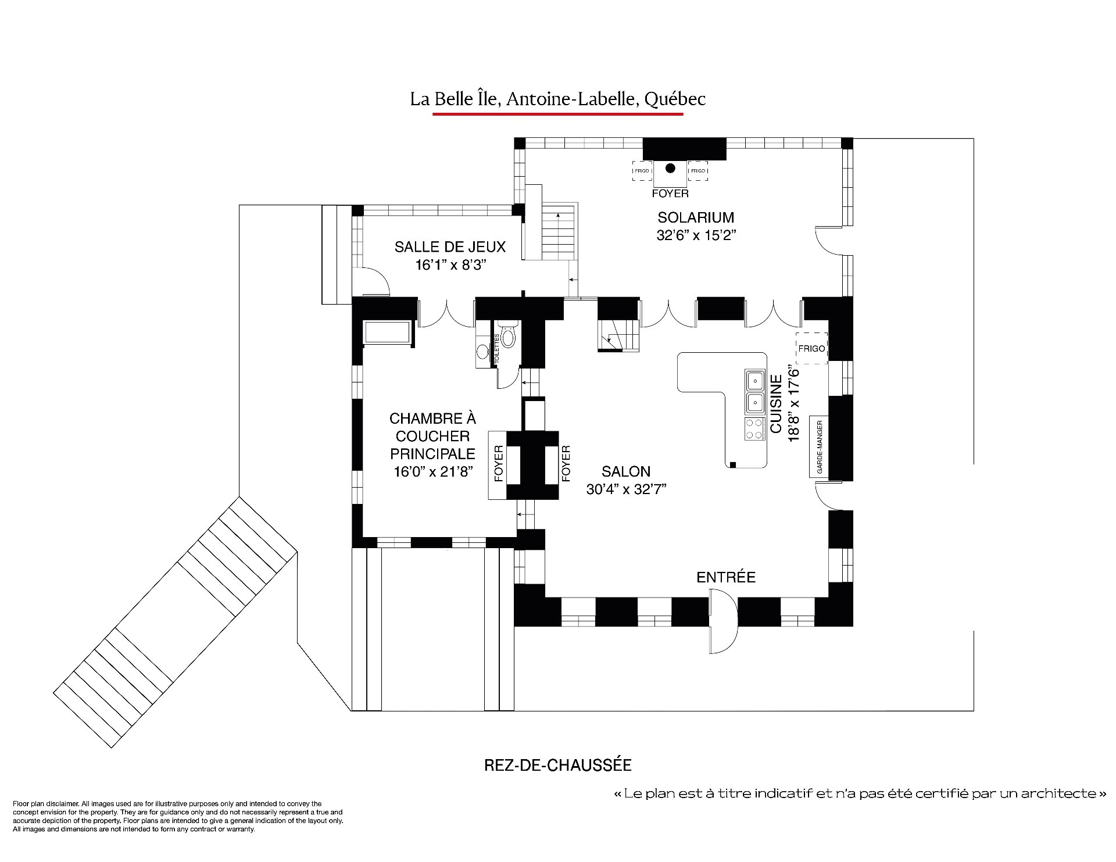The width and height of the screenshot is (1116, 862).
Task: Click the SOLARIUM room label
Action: (x=696, y=217)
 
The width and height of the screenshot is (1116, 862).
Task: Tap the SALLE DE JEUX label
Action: (x=450, y=246)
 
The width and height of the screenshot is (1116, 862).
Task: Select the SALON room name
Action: (x=626, y=471)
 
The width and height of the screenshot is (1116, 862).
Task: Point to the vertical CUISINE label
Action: (x=775, y=403)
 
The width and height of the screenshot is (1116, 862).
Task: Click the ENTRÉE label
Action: (x=726, y=577)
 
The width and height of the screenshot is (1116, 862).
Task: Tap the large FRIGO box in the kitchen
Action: (x=811, y=348)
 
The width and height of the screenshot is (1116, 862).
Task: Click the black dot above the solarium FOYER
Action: (x=670, y=169)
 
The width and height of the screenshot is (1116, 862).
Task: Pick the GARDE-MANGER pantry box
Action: (x=819, y=447)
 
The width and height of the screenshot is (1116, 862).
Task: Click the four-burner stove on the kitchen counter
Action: (x=755, y=429)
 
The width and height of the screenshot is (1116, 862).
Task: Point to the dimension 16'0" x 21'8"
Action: (x=432, y=471)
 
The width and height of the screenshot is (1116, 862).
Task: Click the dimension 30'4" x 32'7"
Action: (x=626, y=489)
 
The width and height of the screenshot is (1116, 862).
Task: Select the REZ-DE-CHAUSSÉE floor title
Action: (x=557, y=765)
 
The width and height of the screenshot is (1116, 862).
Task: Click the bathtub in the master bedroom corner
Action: (x=387, y=332)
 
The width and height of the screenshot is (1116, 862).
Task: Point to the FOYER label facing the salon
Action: (x=566, y=463)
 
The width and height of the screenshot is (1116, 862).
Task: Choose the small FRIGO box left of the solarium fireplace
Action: (x=642, y=171)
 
